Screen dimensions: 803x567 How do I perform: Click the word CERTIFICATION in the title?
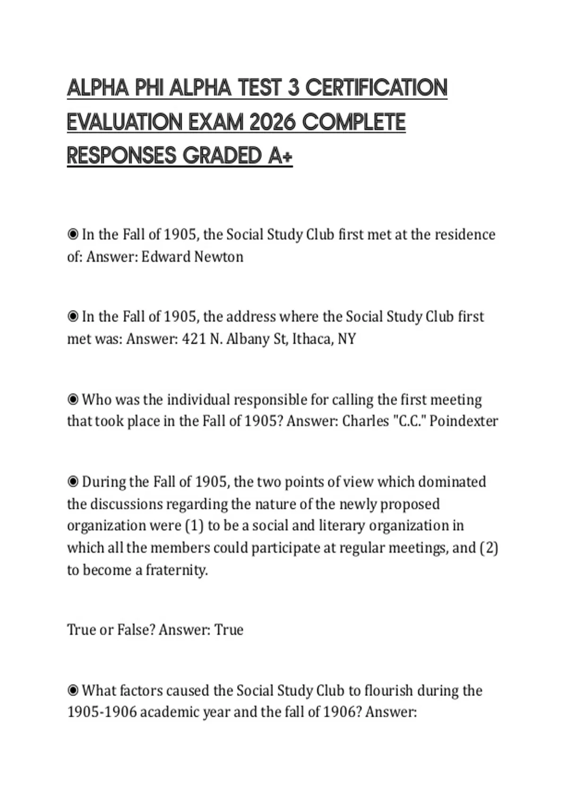[x=376, y=88]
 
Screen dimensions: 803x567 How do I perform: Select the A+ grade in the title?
[x=280, y=156]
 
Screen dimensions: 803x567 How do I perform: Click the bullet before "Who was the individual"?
[x=73, y=400]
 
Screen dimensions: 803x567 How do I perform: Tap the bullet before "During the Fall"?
[x=73, y=482]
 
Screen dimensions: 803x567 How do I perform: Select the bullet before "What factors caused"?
[x=73, y=691]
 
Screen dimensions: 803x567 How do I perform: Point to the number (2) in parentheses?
[x=489, y=548]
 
